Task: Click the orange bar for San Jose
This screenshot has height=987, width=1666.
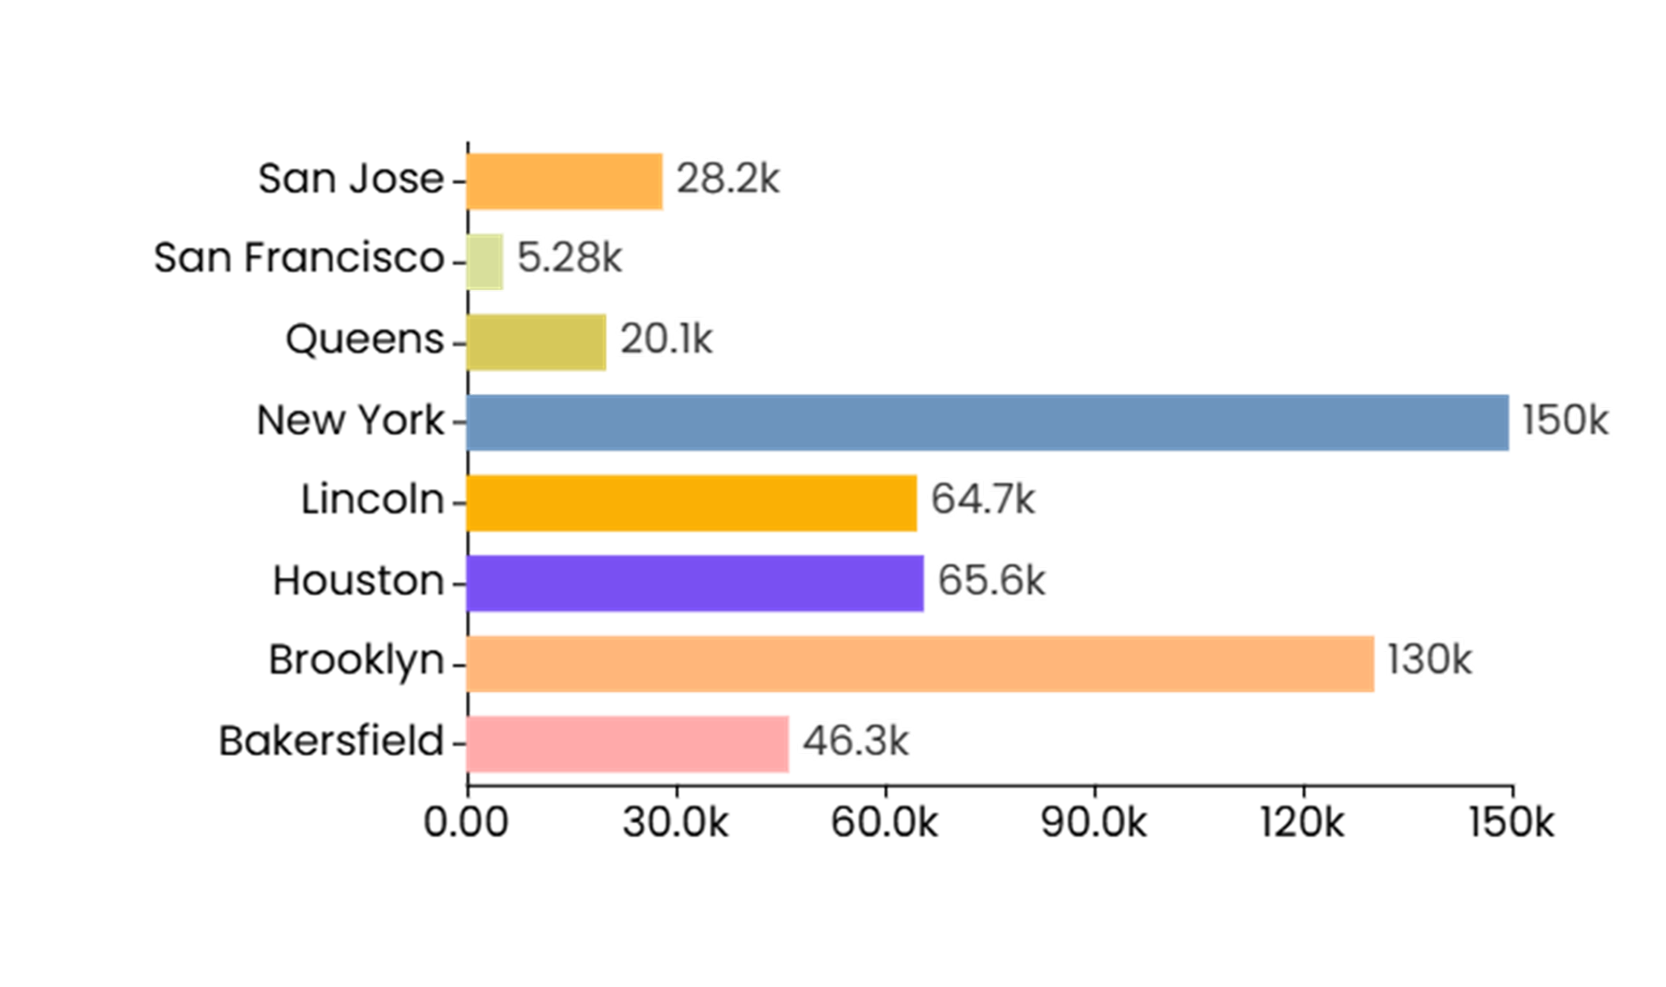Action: coord(564,181)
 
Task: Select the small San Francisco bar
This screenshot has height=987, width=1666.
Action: coord(485,261)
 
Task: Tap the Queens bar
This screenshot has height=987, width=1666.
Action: coord(536,342)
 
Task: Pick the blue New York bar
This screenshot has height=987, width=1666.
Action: coord(987,423)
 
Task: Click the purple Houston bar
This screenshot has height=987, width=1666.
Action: coord(695,583)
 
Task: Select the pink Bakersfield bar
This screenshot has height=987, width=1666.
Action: coord(628,743)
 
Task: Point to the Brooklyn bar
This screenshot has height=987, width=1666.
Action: coord(920,663)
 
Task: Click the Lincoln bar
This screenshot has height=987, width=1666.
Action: coord(691,503)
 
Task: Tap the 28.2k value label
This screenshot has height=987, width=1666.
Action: coord(727,179)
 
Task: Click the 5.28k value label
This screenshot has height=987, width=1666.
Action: coord(569,258)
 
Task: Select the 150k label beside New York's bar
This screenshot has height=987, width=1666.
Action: coord(1565,421)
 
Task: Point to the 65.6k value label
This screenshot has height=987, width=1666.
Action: coord(991,581)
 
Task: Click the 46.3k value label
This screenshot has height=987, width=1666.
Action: coord(855,741)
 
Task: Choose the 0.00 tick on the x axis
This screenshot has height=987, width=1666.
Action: coord(466,822)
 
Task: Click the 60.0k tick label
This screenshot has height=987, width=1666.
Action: coord(884,822)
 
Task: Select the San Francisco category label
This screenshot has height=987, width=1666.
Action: coord(299,258)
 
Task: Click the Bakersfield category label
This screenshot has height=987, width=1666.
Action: coord(331,741)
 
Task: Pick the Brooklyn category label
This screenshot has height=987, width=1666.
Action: coord(356,661)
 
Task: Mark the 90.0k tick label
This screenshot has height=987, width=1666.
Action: coord(1093,822)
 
